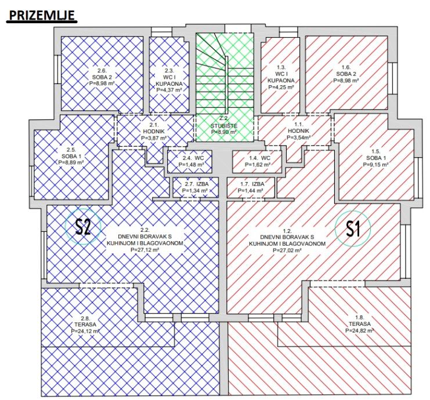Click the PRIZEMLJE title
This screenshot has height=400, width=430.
pyautogui.click(x=42, y=15)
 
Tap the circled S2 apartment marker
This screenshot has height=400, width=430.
pyautogui.click(x=83, y=226)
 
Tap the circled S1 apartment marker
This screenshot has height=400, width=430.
pyautogui.click(x=353, y=228)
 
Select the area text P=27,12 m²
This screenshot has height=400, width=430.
pyautogui.click(x=145, y=250)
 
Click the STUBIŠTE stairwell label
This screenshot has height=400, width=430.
pyautogui.click(x=224, y=126)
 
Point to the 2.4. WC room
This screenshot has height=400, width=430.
pyautogui.click(x=189, y=162)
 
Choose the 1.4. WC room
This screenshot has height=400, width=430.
pyautogui.click(x=256, y=162)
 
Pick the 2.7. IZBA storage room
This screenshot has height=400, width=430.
pyautogui.click(x=196, y=187)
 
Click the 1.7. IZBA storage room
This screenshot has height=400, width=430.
pyautogui.click(x=251, y=187)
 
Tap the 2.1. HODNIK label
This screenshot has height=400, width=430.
pyautogui.click(x=153, y=128)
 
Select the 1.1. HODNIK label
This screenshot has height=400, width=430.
pyautogui.click(x=298, y=128)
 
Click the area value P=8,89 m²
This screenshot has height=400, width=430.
pyautogui.click(x=71, y=162)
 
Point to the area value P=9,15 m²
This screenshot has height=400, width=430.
pyautogui.click(x=375, y=165)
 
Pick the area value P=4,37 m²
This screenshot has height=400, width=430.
pyautogui.click(x=169, y=90)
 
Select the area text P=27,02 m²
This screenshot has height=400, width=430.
pyautogui.click(x=287, y=250)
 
